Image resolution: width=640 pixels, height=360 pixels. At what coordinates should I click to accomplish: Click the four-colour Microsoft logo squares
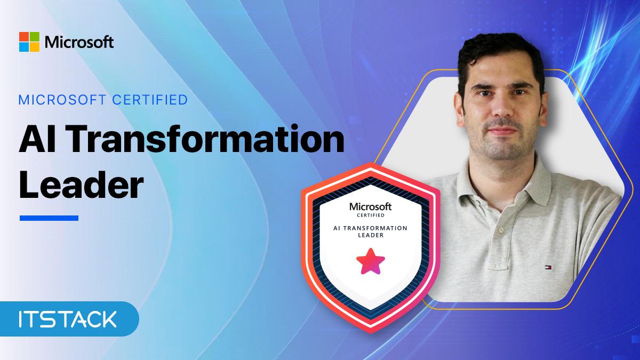[x=29, y=42]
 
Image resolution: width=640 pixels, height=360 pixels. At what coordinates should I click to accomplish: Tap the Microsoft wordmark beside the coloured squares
[x=79, y=42]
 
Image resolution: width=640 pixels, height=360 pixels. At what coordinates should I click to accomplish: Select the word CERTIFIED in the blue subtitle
[x=150, y=100]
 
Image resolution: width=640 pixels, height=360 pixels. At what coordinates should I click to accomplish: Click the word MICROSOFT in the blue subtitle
[x=62, y=100]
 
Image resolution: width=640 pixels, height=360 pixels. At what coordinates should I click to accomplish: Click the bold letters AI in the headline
[x=37, y=139]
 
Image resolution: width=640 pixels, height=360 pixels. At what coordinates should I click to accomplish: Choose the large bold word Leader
[x=81, y=185]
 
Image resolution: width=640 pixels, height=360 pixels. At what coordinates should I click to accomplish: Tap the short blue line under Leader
[x=49, y=218]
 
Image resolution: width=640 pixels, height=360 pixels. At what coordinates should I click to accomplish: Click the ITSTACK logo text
[x=68, y=319]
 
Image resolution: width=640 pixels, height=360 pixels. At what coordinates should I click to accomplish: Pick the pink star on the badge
[x=371, y=262]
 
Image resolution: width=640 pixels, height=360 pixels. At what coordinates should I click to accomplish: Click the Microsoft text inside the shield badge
[x=371, y=206]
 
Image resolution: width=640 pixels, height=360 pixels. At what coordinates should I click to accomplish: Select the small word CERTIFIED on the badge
[x=371, y=215]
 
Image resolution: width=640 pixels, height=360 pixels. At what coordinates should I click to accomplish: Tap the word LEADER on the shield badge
[x=371, y=235]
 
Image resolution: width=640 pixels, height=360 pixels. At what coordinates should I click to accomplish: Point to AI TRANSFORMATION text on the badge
[x=370, y=228]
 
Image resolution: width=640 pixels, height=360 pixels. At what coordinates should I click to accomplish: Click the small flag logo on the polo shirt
[x=548, y=267]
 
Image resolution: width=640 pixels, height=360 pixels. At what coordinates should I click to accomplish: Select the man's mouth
[x=502, y=130]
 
